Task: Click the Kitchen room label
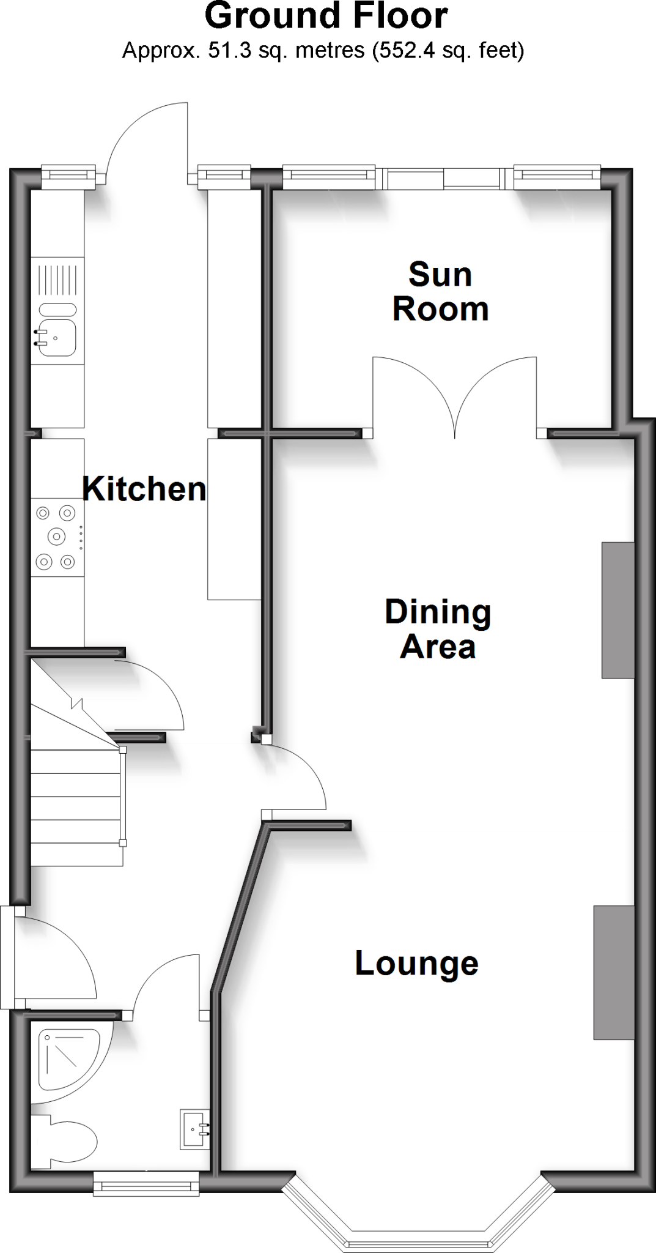click(144, 489)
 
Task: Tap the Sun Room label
click(440, 291)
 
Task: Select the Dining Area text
click(438, 629)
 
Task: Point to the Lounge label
click(416, 963)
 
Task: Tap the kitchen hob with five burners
click(57, 537)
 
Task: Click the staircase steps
click(76, 808)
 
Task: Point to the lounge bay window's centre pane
click(419, 1242)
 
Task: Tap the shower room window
click(147, 1184)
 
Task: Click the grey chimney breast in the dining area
click(617, 610)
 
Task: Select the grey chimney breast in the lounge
click(613, 972)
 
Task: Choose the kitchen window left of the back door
click(69, 176)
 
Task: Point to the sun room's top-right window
click(557, 176)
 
